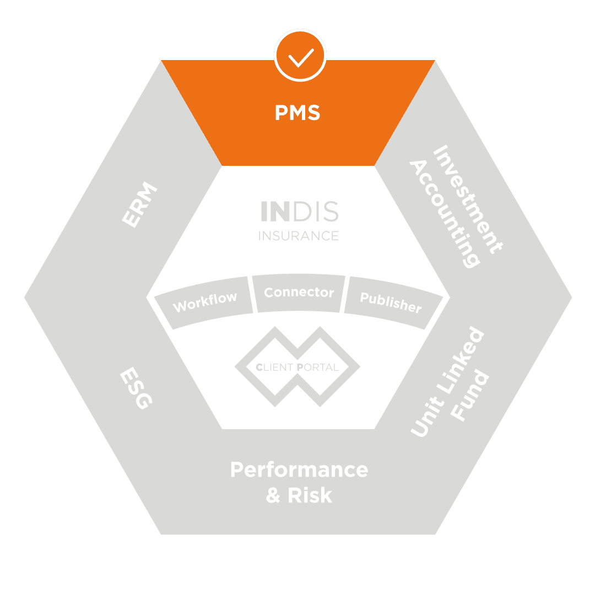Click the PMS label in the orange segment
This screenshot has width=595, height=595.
pyautogui.click(x=297, y=113)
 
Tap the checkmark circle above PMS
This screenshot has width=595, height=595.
pyautogui.click(x=300, y=56)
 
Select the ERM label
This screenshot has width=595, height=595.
pyautogui.click(x=139, y=205)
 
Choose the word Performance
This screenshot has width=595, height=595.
pyautogui.click(x=299, y=470)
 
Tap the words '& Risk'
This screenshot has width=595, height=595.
pyautogui.click(x=299, y=495)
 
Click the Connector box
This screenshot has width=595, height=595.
pyautogui.click(x=299, y=293)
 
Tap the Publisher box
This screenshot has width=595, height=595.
pyautogui.click(x=391, y=302)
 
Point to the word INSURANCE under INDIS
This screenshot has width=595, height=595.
pyautogui.click(x=299, y=236)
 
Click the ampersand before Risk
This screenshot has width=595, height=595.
pyautogui.click(x=274, y=495)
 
